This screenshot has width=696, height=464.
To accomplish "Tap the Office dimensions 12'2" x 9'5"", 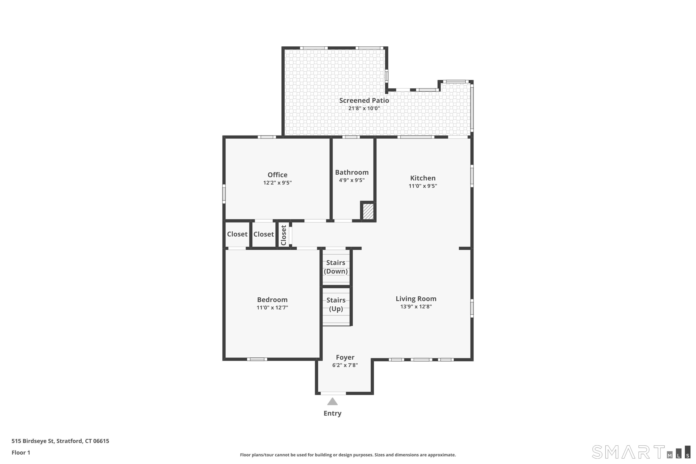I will pyautogui.click(x=277, y=183).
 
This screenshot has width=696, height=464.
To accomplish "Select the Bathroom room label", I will pyautogui.click(x=351, y=172).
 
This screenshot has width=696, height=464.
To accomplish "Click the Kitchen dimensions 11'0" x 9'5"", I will pyautogui.click(x=422, y=186).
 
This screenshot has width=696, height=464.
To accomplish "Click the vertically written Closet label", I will pyautogui.click(x=284, y=235).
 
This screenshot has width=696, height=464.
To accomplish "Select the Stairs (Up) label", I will pyautogui.click(x=336, y=304).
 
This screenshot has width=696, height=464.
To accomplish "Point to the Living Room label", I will pyautogui.click(x=416, y=299).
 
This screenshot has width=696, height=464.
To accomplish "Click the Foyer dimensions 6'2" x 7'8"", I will pyautogui.click(x=345, y=365).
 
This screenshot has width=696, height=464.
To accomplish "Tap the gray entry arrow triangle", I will pyautogui.click(x=332, y=402).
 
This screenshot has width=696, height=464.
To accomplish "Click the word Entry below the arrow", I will pyautogui.click(x=332, y=413).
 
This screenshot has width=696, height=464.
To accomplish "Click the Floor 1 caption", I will pyautogui.click(x=21, y=452).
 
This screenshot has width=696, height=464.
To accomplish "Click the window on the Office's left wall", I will pyautogui.click(x=224, y=194).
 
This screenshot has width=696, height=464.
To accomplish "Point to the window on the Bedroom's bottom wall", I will pyautogui.click(x=257, y=359).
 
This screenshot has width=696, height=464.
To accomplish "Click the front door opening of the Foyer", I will pyautogui.click(x=333, y=393).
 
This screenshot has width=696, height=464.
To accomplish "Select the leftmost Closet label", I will pyautogui.click(x=237, y=234).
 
